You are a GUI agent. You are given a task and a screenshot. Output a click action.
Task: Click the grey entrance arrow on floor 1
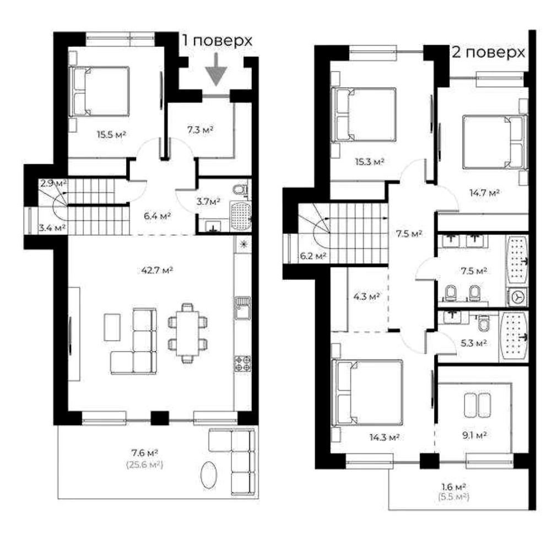click(x=216, y=69)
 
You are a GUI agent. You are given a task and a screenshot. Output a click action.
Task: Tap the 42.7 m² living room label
click(x=156, y=270)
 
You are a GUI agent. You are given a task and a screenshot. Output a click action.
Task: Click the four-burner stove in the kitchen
click(x=243, y=363)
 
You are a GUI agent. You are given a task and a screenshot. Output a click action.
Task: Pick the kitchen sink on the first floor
click(x=242, y=308)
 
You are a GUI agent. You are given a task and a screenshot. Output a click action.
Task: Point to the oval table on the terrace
click(x=209, y=474)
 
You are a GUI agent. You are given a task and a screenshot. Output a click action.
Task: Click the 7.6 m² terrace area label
click(x=145, y=452)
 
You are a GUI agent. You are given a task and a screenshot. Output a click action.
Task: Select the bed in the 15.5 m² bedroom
click(x=99, y=91)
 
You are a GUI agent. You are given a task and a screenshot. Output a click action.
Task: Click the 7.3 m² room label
click(x=201, y=129)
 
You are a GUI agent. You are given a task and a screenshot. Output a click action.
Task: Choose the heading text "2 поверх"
click(x=488, y=52)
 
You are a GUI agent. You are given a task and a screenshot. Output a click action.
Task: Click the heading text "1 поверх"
click(x=217, y=40)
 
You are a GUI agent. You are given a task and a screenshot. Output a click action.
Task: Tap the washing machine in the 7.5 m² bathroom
click(x=517, y=298)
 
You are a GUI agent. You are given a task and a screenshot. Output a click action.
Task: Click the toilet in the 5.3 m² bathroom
click(x=484, y=323)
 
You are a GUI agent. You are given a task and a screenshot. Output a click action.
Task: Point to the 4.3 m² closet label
click(x=366, y=296)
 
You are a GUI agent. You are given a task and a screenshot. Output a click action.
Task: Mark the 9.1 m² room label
click(x=474, y=435)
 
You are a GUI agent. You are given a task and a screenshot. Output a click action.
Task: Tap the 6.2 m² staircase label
click(x=313, y=256)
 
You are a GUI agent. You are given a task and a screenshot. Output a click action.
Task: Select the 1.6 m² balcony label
click(x=453, y=487)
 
